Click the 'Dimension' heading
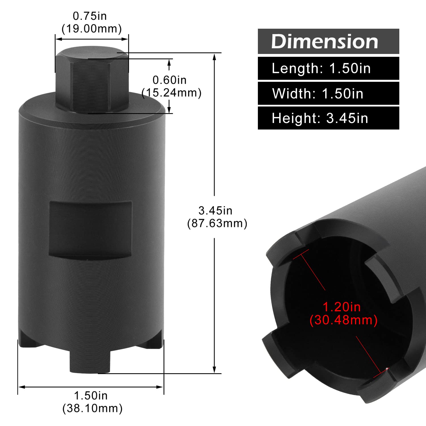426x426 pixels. click(x=325, y=41)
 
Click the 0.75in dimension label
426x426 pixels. click(x=90, y=16)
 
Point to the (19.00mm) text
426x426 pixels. click(x=91, y=29)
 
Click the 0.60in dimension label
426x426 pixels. click(x=170, y=80)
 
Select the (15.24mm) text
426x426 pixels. click(x=172, y=93)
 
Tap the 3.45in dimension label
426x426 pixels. click(x=215, y=210)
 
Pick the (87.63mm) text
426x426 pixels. click(x=217, y=223)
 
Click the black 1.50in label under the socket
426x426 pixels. click(x=91, y=395)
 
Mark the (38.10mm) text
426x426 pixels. click(x=92, y=408)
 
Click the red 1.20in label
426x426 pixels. click(x=342, y=307)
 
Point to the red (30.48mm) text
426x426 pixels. click(x=343, y=320)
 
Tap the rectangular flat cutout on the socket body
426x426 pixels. click(x=91, y=229)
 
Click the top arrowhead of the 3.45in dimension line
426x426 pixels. click(x=214, y=57)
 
